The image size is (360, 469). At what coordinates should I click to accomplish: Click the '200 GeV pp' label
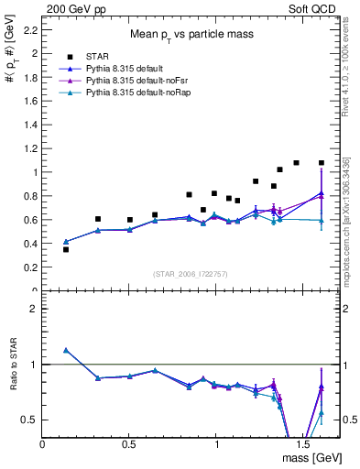tap(71, 7)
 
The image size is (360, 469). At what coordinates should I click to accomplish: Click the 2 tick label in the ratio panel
tap(34, 309)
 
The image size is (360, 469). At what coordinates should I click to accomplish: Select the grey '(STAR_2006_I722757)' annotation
tap(190, 274)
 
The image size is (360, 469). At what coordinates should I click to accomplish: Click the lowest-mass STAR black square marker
tap(66, 249)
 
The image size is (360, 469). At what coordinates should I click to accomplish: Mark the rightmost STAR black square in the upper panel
tap(322, 163)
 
